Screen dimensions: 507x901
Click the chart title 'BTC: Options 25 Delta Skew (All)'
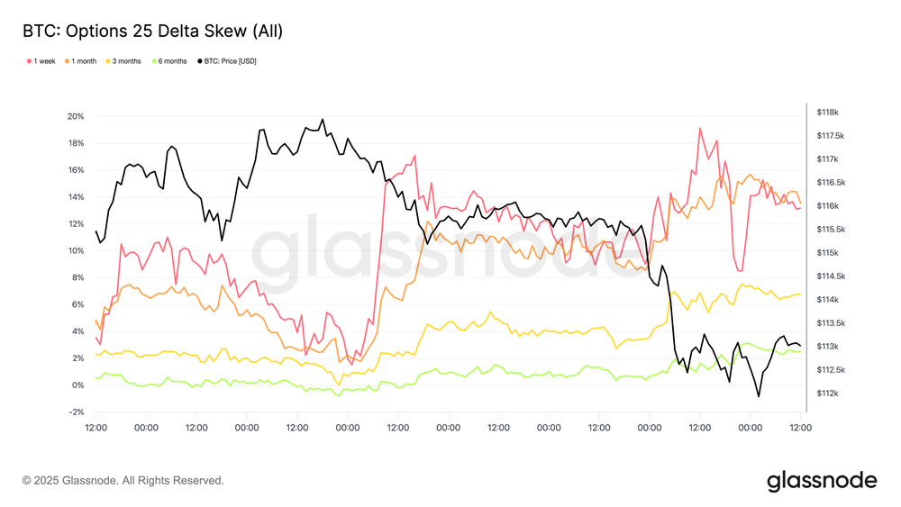pos(152,32)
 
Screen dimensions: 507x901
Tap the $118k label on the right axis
pos(827,113)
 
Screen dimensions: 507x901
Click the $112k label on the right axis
pos(827,394)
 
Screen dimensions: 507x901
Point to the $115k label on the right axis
pos(827,253)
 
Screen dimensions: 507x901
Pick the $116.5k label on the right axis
pos(827,183)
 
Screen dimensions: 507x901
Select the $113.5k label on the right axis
pos(827,323)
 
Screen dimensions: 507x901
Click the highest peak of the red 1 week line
pos(699,128)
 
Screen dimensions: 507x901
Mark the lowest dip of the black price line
pos(759,396)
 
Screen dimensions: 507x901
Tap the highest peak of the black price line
pos(323,119)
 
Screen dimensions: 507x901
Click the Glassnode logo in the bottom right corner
pos(822,481)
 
